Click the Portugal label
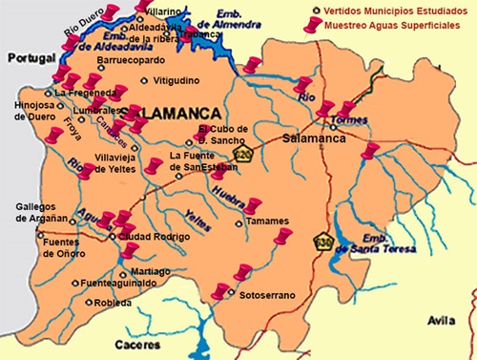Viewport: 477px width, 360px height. coord(27,59)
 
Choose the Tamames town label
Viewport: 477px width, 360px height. coord(266,222)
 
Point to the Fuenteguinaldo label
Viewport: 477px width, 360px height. coord(119,285)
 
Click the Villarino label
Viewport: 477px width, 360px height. coord(164,10)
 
